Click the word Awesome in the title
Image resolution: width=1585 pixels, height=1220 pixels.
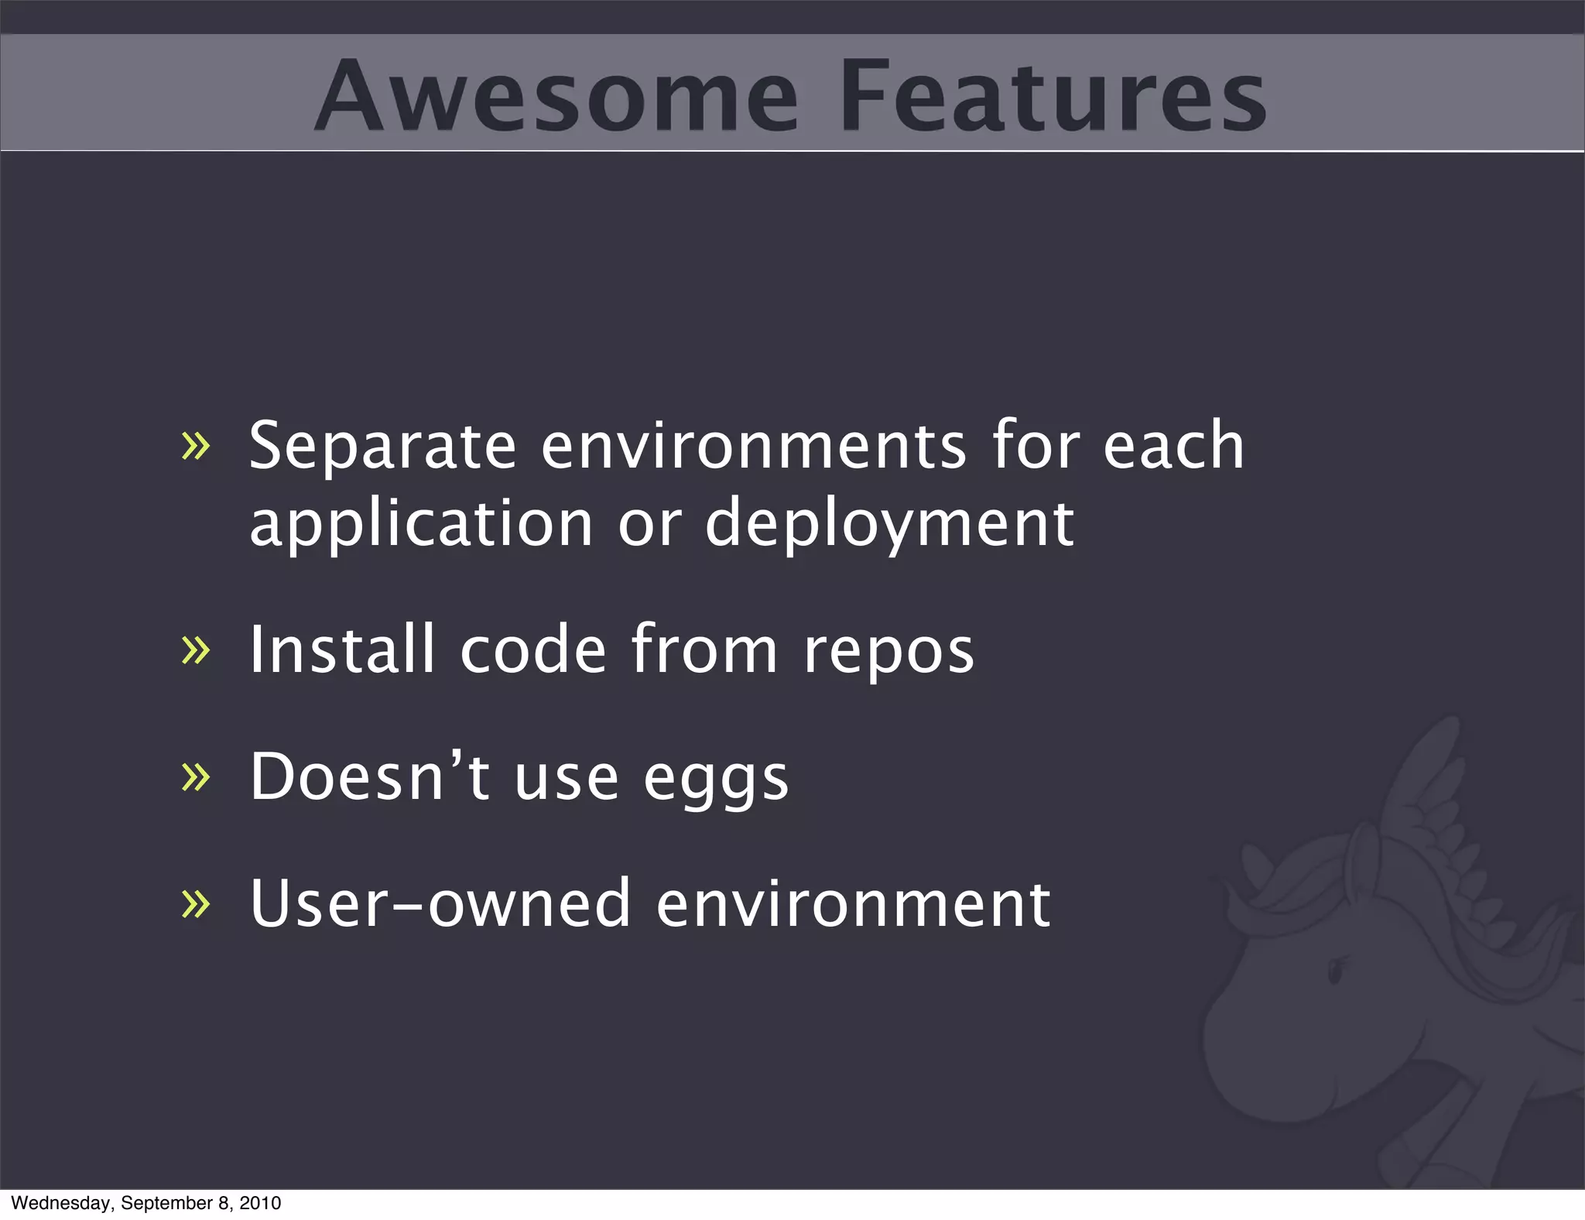pos(556,96)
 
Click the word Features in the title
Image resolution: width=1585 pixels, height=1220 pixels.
pos(1053,96)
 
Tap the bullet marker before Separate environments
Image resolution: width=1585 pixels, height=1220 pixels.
pos(195,447)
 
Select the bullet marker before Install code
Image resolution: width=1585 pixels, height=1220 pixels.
pos(195,650)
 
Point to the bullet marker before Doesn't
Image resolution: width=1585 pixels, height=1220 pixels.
pos(195,777)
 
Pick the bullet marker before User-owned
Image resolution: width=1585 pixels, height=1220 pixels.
pos(195,903)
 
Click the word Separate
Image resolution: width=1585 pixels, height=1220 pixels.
pos(382,447)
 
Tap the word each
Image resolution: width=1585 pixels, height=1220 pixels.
pos(1173,447)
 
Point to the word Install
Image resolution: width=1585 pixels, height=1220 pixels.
pos(341,650)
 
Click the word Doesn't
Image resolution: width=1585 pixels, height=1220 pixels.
pos(369,777)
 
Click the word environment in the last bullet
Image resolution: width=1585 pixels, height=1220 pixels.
pos(853,903)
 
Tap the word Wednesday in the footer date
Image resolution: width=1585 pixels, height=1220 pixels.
pos(62,1203)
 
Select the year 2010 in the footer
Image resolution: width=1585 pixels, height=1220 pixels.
pos(260,1203)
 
